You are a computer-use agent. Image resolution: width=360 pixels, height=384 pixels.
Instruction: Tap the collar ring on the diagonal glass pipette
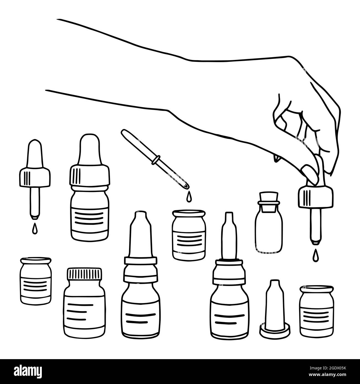click(157, 161)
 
